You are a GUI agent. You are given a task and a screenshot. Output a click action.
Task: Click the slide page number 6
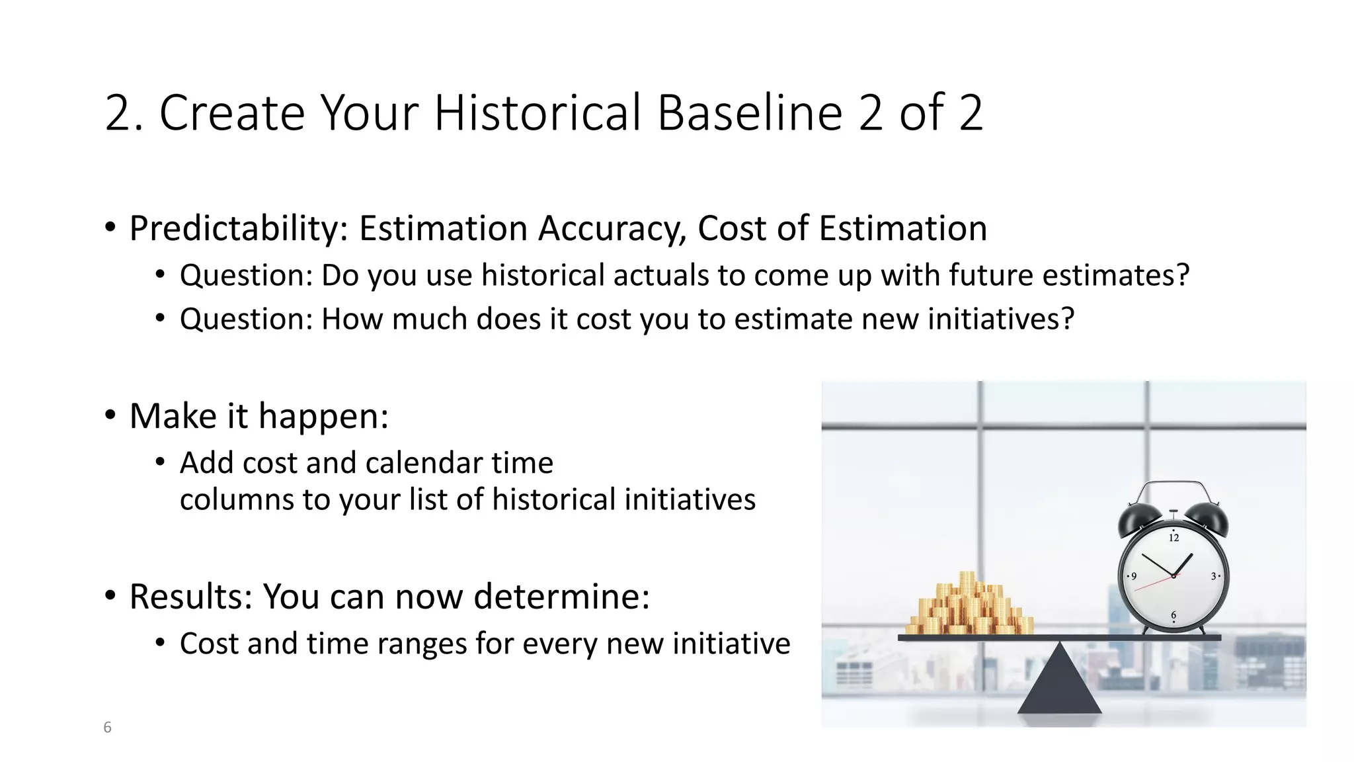pos(108,728)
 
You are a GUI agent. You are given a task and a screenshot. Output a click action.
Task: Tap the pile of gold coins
pos(969,607)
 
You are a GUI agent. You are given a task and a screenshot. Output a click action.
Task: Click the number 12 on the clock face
pos(1174,537)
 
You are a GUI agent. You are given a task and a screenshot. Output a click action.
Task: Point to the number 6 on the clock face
pos(1174,615)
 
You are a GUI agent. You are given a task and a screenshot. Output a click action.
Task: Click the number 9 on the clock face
pos(1134,576)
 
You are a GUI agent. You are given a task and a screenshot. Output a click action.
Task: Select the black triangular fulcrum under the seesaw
pos(1059,685)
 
